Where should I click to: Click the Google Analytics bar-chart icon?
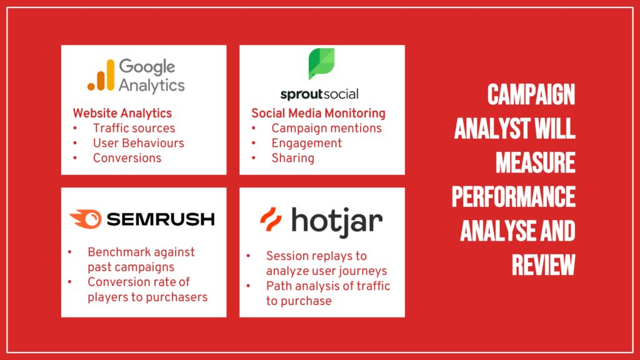pos(101,75)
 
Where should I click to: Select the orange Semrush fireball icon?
pos(86,219)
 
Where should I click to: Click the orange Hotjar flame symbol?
pos(271,219)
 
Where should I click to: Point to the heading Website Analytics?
pos(122,113)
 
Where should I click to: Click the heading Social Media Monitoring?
pos(318,113)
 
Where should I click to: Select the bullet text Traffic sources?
pos(134,128)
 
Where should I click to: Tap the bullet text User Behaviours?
pos(138,143)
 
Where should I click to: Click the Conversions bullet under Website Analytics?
pos(127,158)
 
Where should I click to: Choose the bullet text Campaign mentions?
pos(326,128)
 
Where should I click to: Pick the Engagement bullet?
pos(306,143)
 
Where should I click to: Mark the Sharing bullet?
pos(292,158)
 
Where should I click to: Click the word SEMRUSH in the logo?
pos(161,219)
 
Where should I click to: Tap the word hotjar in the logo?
pos(337,222)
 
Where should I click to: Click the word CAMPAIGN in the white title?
pos(531,94)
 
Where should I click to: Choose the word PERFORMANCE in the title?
pos(514,197)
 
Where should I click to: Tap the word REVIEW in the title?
pos(544,265)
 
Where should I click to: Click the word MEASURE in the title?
pos(536,162)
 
